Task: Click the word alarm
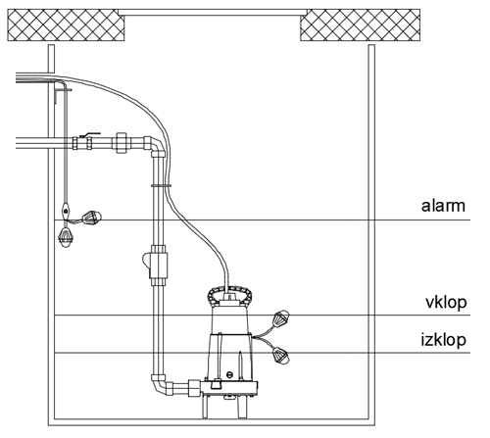click(x=443, y=206)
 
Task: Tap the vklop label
click(x=446, y=302)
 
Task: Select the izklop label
click(x=443, y=340)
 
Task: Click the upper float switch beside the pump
click(x=280, y=318)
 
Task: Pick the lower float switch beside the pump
click(x=280, y=356)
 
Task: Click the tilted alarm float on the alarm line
click(x=92, y=218)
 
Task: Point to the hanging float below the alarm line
click(x=67, y=236)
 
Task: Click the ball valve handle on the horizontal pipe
click(x=90, y=134)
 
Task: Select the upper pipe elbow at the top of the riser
click(x=154, y=145)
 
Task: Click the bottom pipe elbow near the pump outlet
click(x=161, y=385)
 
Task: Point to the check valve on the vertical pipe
click(x=156, y=265)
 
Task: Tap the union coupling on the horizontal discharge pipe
click(x=122, y=143)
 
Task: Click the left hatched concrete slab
click(x=66, y=25)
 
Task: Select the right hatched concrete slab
click(x=360, y=25)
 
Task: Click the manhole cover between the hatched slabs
click(x=213, y=13)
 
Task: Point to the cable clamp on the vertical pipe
click(x=161, y=185)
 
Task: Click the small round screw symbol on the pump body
click(x=229, y=374)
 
